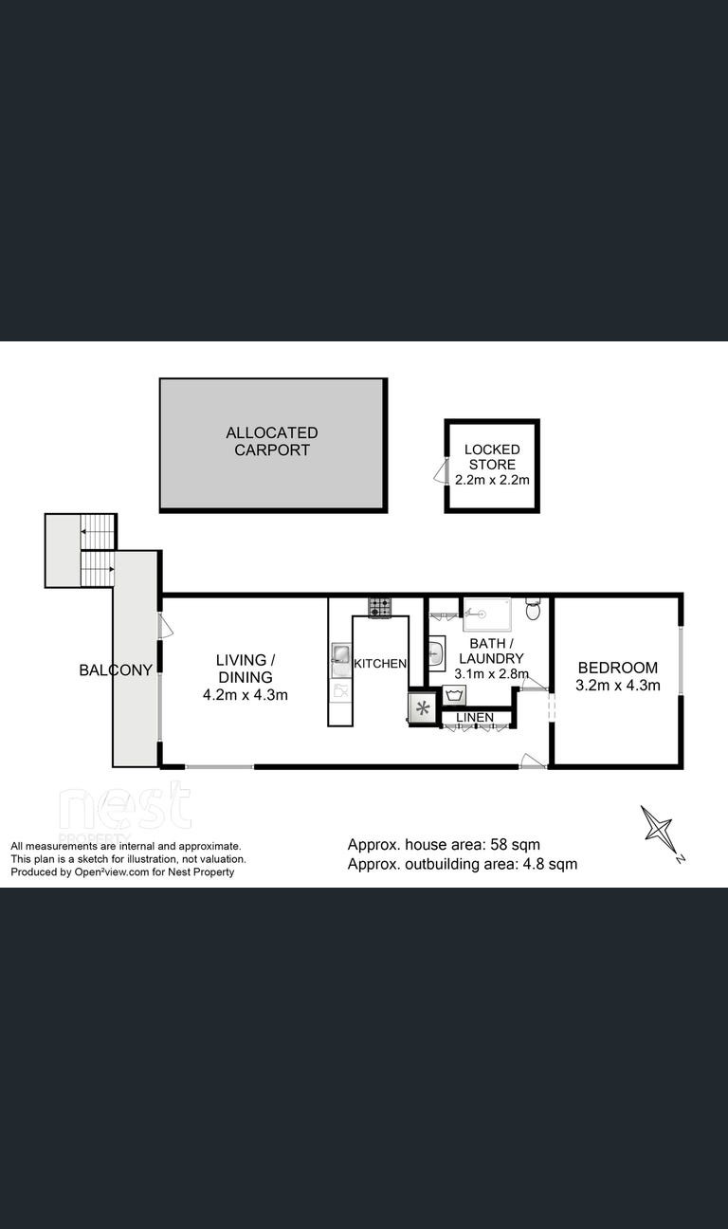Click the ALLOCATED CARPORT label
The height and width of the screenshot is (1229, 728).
[x=271, y=441]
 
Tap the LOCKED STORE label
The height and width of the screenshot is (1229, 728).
[x=492, y=456]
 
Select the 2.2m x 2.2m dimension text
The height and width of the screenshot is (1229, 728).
[x=492, y=480]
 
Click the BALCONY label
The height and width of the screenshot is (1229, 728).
[x=116, y=670]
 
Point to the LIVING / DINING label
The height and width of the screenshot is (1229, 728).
[x=246, y=669]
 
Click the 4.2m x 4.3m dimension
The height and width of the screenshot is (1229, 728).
[x=246, y=695]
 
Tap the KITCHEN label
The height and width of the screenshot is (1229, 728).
[x=380, y=663]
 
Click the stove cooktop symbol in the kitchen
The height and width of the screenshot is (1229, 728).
[x=379, y=607]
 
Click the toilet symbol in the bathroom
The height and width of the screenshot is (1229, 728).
[x=533, y=609]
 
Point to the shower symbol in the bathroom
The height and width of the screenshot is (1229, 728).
[x=487, y=614]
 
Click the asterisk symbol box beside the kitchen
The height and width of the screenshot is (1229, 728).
[x=423, y=707]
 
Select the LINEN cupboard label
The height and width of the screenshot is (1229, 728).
[x=475, y=717]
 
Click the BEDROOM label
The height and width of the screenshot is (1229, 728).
[x=618, y=668]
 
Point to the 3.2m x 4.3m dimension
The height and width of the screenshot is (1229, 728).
[x=618, y=685]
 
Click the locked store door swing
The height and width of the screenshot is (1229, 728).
[x=441, y=471]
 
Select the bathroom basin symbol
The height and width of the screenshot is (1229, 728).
[x=437, y=653]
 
